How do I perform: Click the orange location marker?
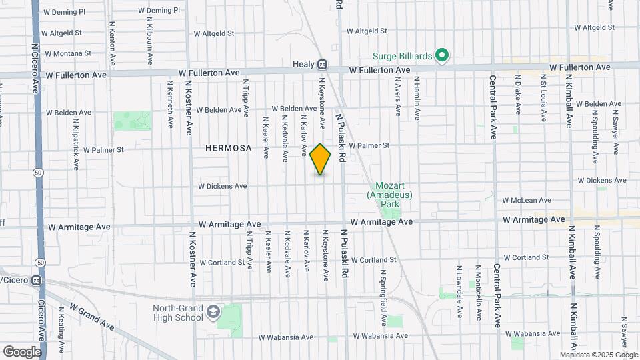pos(320,159)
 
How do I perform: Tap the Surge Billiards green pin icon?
pos(441,55)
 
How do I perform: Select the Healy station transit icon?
pos(322,65)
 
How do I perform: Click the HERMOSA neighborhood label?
pos(229,148)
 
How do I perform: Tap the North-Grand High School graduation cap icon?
pos(213,312)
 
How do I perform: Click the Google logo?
pos(22,352)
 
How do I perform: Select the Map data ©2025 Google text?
pos(598,355)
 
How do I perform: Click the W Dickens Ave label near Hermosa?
pos(223,186)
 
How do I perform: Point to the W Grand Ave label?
pos(91,318)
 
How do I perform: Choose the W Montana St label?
pos(66,53)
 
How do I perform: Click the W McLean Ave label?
pos(527,200)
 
